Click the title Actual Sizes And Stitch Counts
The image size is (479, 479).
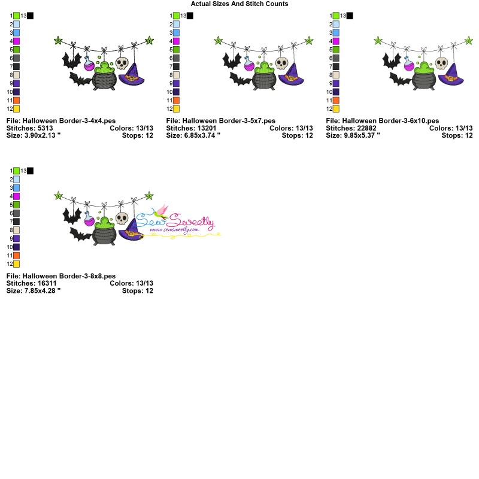239,4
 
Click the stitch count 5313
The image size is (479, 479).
45,128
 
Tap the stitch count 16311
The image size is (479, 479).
45,283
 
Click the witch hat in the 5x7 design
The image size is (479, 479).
291,75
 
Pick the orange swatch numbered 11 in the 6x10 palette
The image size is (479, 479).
336,101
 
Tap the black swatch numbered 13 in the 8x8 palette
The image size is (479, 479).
30,171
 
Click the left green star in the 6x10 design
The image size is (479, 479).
378,41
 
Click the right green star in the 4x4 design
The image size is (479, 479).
149,41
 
